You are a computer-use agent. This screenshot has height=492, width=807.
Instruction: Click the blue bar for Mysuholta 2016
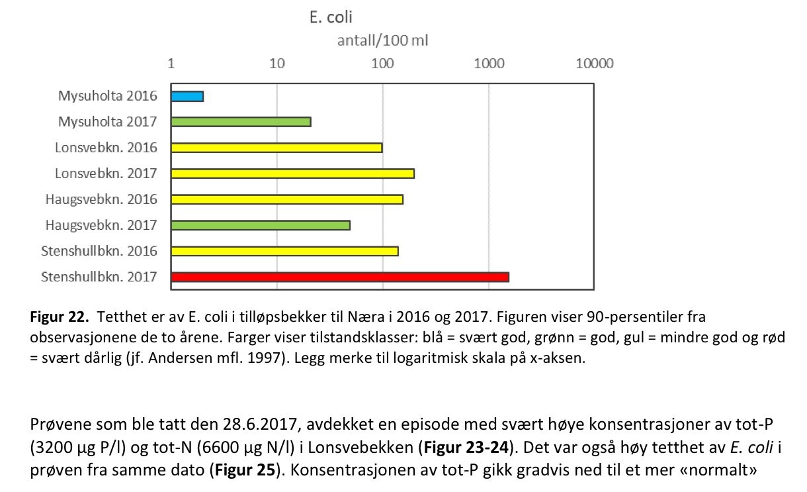pyautogui.click(x=187, y=96)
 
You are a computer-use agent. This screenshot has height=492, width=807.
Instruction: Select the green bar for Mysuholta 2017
pyautogui.click(x=241, y=122)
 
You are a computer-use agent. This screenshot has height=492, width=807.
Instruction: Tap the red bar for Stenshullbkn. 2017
pyautogui.click(x=340, y=277)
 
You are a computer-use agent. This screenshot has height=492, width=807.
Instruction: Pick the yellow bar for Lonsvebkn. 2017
pyautogui.click(x=292, y=173)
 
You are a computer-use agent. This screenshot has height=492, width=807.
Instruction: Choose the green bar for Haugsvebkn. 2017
pyautogui.click(x=261, y=225)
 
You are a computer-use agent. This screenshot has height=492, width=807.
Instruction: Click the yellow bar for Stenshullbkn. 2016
pyautogui.click(x=284, y=251)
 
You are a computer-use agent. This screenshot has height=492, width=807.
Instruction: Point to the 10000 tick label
pyautogui.click(x=594, y=64)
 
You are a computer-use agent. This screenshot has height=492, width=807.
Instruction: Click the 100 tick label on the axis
pyautogui.click(x=382, y=64)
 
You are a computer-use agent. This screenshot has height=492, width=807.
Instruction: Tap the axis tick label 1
pyautogui.click(x=171, y=64)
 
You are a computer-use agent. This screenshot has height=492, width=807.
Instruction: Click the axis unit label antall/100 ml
pyautogui.click(x=383, y=41)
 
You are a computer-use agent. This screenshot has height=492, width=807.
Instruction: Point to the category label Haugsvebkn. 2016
pyautogui.click(x=101, y=199)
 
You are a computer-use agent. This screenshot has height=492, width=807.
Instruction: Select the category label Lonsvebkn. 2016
pyautogui.click(x=106, y=148)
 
